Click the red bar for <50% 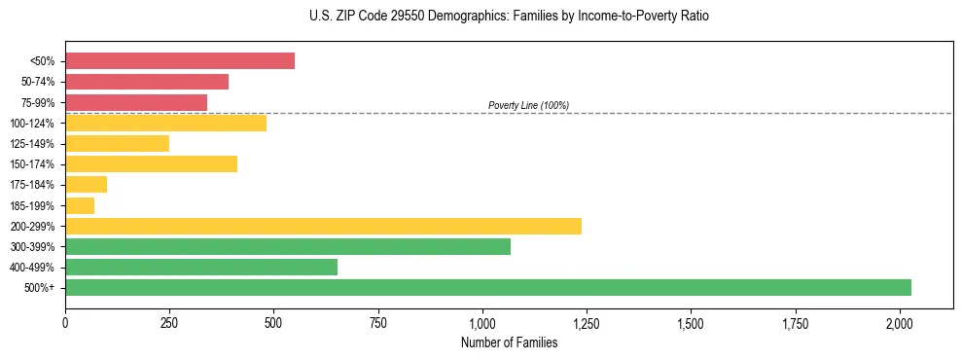pos(180,60)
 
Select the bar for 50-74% pos(147,82)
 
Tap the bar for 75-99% pos(136,102)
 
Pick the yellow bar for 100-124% pos(165,123)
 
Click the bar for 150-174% pos(151,163)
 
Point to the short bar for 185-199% pos(80,205)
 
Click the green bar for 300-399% pos(288,246)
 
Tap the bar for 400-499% pos(201,267)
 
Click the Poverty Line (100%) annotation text pos(528,105)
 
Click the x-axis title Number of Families pos(510,342)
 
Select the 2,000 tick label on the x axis pos(900,321)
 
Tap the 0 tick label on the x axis pos(65,321)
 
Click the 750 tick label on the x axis pos(378,321)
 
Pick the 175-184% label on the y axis pos(32,185)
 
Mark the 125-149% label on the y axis pos(32,143)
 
